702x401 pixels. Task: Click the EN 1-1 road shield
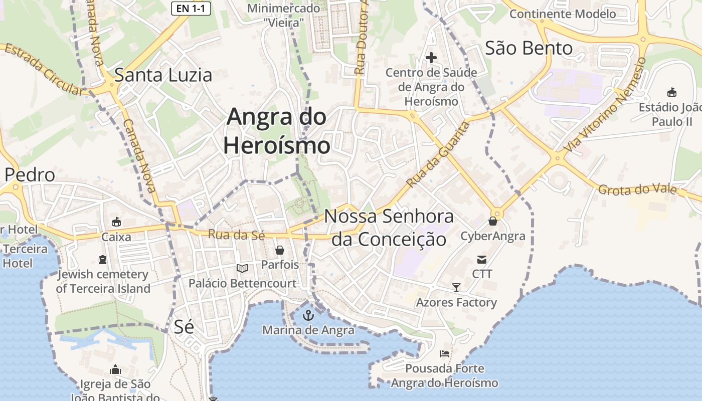pos(191,8)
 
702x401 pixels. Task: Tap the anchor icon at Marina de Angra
pos(309,315)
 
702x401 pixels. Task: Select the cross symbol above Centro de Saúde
pos(431,58)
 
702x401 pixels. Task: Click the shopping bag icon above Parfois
pos(280,250)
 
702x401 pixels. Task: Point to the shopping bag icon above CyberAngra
pos(493,221)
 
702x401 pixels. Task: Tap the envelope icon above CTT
pos(482,259)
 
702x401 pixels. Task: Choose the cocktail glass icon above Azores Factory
pos(456,287)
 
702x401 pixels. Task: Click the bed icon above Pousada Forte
pos(445,354)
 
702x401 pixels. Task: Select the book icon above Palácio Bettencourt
pos(242,269)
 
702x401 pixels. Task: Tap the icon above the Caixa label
pos(116,222)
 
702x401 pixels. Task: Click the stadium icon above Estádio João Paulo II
pos(671,92)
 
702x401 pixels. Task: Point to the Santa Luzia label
pos(163,75)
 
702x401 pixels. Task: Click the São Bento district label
pos(529,48)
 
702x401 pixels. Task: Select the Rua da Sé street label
pos(236,234)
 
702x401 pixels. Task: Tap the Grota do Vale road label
pos(637,189)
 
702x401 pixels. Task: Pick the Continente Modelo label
pos(563,14)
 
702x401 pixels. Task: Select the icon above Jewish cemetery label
pos(103,259)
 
